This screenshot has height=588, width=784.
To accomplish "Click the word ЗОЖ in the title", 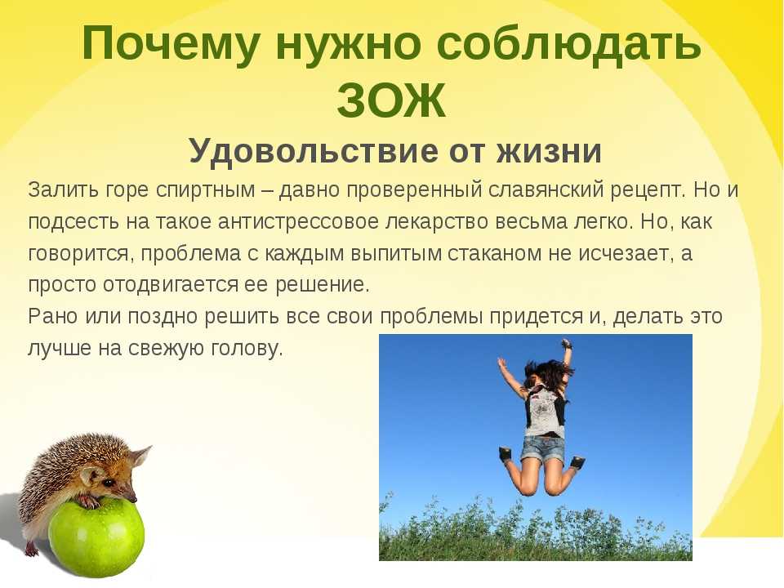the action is click(x=391, y=100).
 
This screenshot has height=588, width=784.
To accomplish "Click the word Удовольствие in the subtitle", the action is click(x=314, y=152).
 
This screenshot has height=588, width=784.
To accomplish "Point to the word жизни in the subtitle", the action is click(x=549, y=150).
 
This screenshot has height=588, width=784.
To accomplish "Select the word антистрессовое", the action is click(x=299, y=221).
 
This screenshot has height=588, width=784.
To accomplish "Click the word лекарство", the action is click(x=436, y=221).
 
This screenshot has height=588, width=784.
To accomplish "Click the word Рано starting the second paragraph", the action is click(x=52, y=317).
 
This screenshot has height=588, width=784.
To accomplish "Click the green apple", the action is click(x=96, y=537).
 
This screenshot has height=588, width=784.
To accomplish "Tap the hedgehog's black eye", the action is click(x=107, y=483).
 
